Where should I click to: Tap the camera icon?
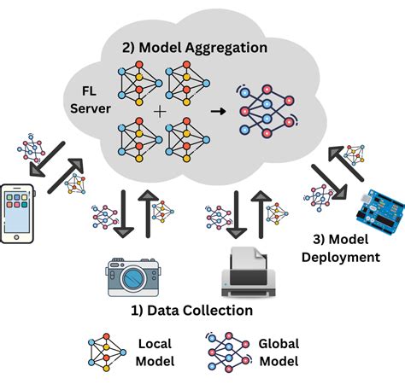132,274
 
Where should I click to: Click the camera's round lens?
132,278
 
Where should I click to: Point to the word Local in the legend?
155,343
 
